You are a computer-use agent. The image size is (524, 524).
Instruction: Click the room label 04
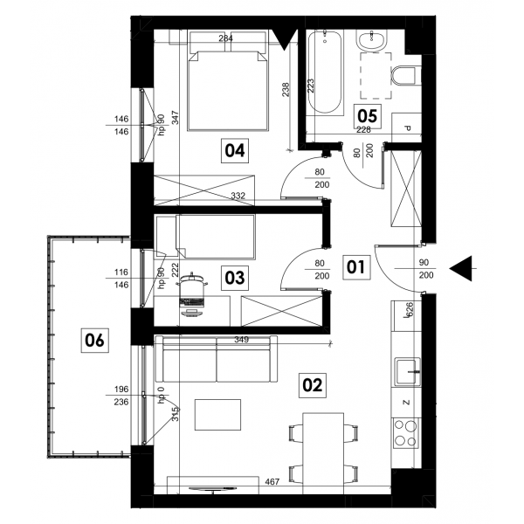coord(235,150)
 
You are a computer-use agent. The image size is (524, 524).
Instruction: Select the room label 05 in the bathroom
coord(368,116)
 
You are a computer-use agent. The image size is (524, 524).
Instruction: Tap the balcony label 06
coord(94,341)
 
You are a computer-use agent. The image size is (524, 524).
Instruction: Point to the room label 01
coord(356,267)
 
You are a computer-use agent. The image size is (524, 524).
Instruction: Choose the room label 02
coord(312,385)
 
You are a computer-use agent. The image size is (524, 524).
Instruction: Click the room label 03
coord(235,278)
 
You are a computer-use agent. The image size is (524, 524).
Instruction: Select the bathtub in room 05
coord(325,72)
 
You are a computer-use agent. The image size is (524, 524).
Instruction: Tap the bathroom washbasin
coord(371,40)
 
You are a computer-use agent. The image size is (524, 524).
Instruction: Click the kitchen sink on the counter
coord(408,371)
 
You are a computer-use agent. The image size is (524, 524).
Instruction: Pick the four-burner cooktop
coord(406,433)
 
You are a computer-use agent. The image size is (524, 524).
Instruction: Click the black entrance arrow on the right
coord(461,268)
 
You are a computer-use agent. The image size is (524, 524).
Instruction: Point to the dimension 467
coord(272,481)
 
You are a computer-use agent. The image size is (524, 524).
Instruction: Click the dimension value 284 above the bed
coord(226,38)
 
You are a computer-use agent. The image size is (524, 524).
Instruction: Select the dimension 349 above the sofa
coord(241,340)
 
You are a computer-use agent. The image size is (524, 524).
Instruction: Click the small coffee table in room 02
coord(217,415)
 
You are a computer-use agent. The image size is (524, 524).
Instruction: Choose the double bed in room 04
coord(228,80)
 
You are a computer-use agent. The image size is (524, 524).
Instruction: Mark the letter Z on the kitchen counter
coord(406,403)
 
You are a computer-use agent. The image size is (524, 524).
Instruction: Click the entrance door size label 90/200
coord(426,269)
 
